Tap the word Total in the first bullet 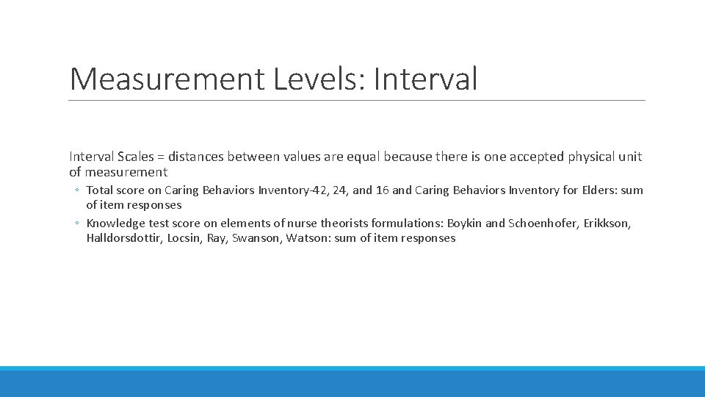click(x=100, y=190)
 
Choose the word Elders click(x=597, y=190)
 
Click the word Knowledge click(x=115, y=223)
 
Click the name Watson click(x=308, y=238)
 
